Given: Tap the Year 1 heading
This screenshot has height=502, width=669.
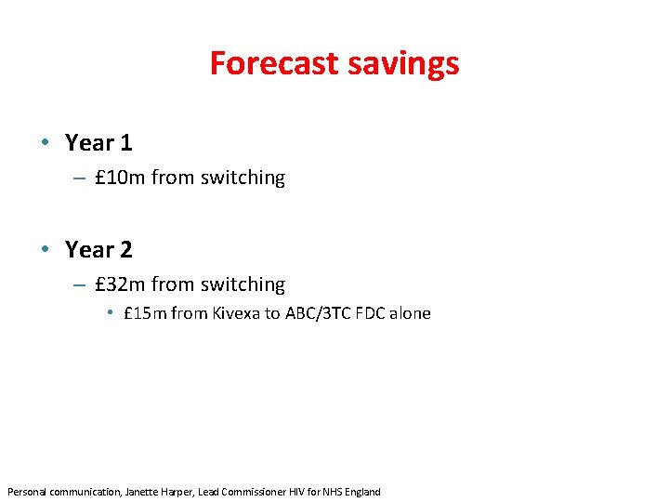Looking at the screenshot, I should point(98,143).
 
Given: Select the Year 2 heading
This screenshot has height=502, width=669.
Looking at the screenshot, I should point(98,249).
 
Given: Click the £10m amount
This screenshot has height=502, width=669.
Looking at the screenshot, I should point(120,178).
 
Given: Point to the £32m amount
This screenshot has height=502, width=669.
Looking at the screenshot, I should point(120,284).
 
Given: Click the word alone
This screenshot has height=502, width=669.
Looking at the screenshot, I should point(411,313).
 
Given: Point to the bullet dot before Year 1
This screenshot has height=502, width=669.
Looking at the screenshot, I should point(45,143).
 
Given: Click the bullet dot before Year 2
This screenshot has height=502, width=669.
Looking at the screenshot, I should point(45,249).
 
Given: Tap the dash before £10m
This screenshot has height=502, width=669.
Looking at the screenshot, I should point(77,178).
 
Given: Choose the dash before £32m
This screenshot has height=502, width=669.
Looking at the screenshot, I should point(77,285).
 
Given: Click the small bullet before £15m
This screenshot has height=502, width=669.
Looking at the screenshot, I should point(110,313).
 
